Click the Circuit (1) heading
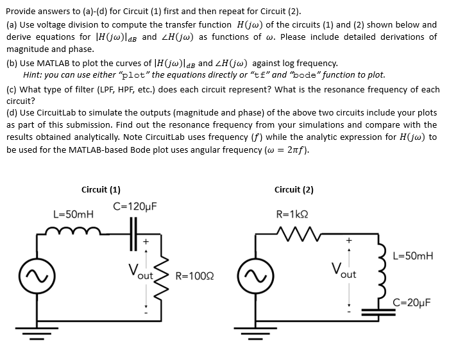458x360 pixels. tap(101, 189)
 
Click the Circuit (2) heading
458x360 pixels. tap(294, 189)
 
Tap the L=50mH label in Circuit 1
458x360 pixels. tap(73, 214)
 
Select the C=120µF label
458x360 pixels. tap(135, 207)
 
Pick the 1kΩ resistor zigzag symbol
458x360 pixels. tap(294, 232)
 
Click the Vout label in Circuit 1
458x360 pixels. tap(141, 271)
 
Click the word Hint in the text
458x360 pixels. tap(33, 74)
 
